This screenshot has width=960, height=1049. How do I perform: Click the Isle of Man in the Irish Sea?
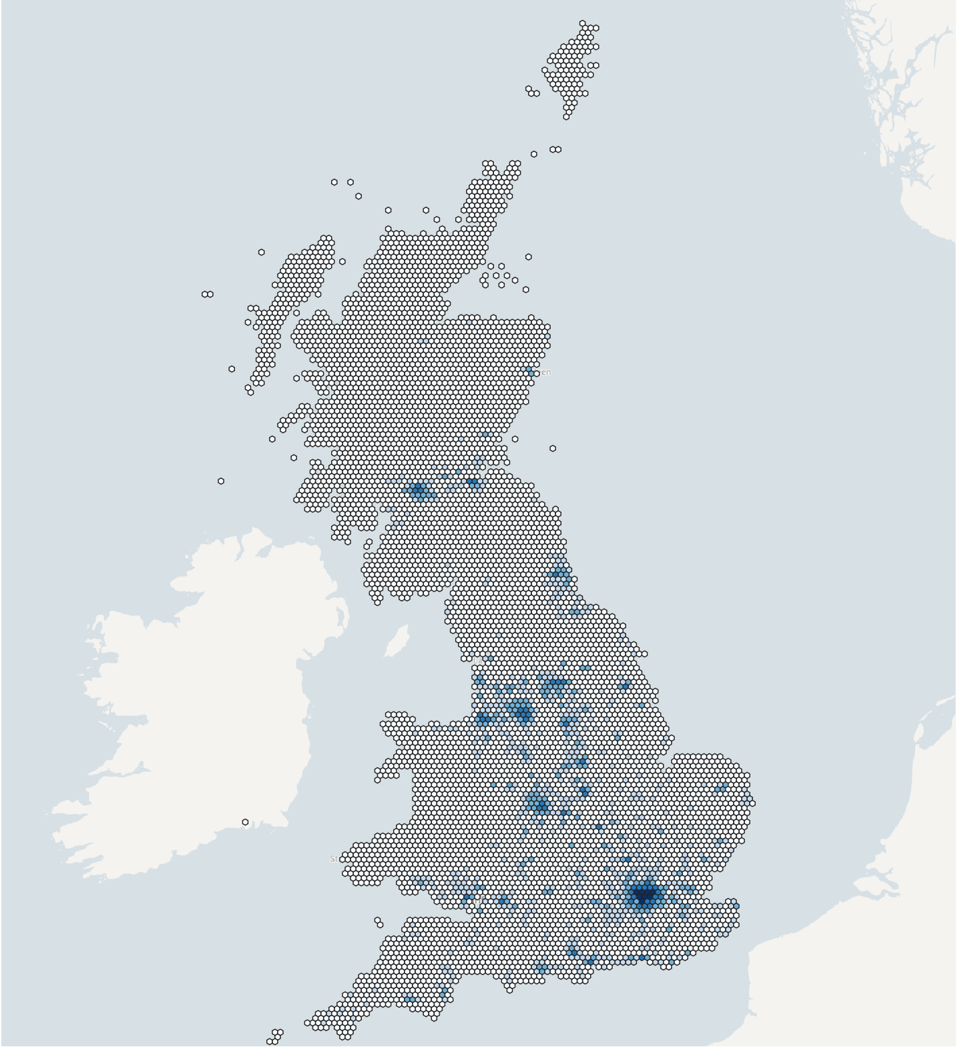click(x=399, y=641)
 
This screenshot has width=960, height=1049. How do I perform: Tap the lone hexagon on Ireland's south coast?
click(x=245, y=822)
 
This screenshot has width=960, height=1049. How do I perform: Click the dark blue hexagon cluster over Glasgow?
click(x=420, y=492)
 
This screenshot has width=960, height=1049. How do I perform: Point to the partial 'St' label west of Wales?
click(x=334, y=859)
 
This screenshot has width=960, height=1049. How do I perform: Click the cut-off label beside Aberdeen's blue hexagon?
click(x=545, y=372)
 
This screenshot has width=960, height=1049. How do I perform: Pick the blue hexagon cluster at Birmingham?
click(x=538, y=803)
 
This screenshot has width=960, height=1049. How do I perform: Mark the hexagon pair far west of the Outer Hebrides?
click(x=208, y=294)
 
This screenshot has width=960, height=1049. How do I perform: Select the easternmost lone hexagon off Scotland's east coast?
click(x=553, y=448)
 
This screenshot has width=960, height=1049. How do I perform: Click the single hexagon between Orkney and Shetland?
click(x=533, y=154)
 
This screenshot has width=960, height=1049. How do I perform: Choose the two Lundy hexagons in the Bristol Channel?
click(x=379, y=923)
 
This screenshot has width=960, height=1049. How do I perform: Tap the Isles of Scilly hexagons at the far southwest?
click(x=274, y=1037)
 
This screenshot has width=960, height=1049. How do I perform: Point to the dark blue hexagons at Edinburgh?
click(x=473, y=482)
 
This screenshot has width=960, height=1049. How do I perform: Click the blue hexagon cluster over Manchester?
click(x=520, y=711)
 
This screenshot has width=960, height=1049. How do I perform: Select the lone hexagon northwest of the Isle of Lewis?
click(x=261, y=252)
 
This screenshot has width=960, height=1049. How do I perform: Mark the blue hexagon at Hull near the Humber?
click(x=625, y=685)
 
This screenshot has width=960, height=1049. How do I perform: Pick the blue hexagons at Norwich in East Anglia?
click(x=721, y=789)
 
